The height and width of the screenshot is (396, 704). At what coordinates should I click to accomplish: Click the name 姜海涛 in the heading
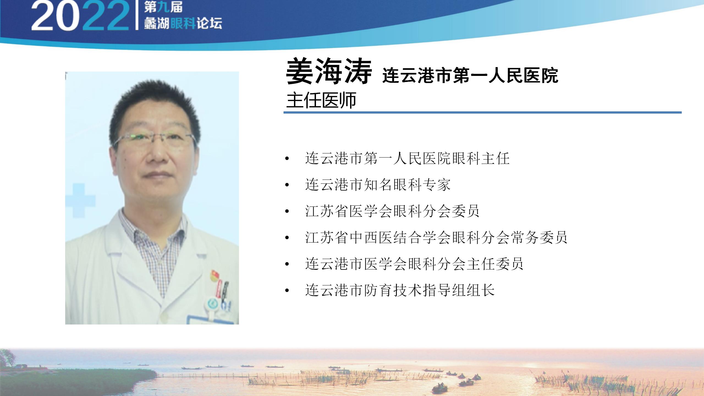pyautogui.click(x=329, y=71)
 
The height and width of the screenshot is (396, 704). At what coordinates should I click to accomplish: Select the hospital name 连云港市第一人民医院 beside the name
pyautogui.click(x=470, y=75)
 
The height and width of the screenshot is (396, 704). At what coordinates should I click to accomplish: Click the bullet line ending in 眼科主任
pyautogui.click(x=407, y=158)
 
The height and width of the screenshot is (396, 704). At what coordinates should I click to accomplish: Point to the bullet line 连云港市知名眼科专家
pyautogui.click(x=378, y=185)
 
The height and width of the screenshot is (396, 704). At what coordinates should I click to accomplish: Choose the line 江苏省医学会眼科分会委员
pyautogui.click(x=392, y=211)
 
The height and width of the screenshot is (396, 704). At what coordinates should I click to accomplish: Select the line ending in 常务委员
pyautogui.click(x=436, y=238)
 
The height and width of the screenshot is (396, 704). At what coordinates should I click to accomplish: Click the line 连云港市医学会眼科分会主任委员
pyautogui.click(x=414, y=264)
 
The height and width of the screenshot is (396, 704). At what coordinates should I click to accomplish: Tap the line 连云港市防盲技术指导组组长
pyautogui.click(x=400, y=290)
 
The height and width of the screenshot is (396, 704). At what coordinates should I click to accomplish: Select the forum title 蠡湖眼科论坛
pyautogui.click(x=183, y=24)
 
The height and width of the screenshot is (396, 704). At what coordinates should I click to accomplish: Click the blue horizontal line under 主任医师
pyautogui.click(x=482, y=112)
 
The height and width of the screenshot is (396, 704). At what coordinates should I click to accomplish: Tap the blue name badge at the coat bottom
pyautogui.click(x=210, y=320)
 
